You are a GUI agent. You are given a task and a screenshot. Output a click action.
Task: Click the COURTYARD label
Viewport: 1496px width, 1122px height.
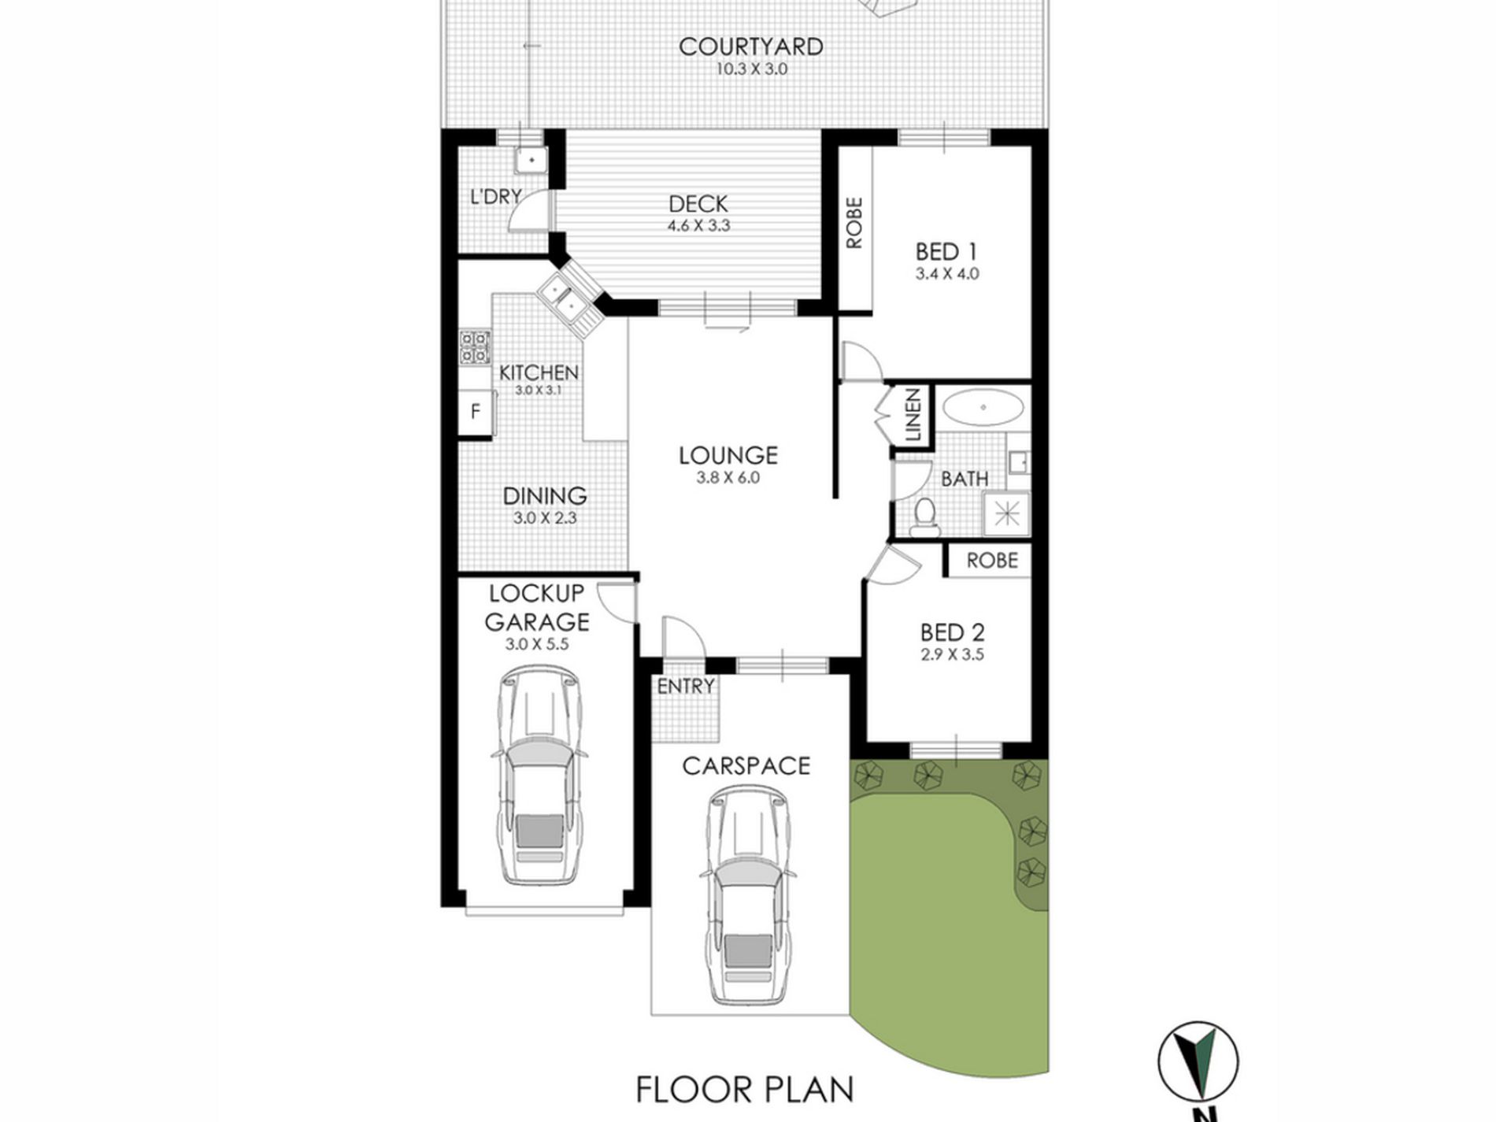coord(750,46)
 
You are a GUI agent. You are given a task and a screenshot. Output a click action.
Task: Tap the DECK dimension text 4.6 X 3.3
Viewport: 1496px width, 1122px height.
coord(698,225)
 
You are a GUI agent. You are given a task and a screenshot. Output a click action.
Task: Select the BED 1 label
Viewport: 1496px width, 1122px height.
coord(946,252)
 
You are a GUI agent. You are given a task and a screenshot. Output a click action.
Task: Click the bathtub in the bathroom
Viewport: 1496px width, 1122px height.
coord(983,408)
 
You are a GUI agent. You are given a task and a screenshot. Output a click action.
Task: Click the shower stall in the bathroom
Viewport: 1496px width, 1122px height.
coord(1006,514)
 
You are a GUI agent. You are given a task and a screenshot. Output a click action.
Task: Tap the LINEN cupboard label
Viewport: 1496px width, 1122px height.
coord(913,415)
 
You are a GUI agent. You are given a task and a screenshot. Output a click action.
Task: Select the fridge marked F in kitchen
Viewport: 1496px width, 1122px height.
coord(476,411)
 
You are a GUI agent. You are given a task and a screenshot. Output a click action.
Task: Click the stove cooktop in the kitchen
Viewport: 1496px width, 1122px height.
coord(475,347)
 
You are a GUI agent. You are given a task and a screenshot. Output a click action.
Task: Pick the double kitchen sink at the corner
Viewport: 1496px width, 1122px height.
coord(567,298)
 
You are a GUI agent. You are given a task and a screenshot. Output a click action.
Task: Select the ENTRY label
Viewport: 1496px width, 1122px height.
coord(685,687)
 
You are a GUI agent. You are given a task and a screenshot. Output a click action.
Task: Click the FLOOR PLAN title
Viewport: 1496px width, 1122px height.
coord(744,1091)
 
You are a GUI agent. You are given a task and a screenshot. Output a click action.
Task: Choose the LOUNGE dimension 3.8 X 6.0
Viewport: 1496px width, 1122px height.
coord(728,477)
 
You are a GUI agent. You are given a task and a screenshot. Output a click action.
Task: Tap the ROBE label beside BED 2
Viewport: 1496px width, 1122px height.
coord(992,561)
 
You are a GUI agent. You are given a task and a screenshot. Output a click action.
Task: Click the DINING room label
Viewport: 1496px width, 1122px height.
coord(545,496)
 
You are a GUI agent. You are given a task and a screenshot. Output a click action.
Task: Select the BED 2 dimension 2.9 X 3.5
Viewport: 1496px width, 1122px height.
coord(952,654)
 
